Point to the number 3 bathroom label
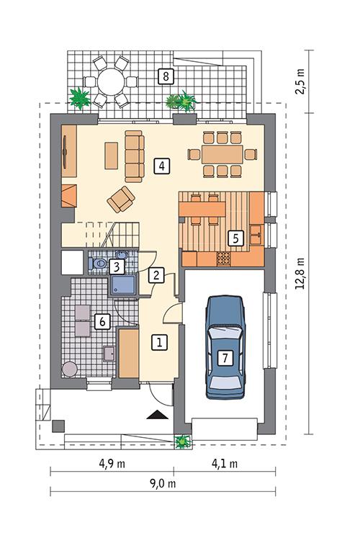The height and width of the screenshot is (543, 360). click(117, 266)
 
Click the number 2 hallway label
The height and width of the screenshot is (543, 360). click(156, 274)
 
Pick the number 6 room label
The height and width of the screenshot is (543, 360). click(103, 322)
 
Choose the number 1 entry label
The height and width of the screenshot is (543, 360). click(160, 342)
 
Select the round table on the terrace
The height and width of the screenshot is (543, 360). click(111, 81)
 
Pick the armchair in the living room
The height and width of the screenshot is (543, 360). click(121, 199)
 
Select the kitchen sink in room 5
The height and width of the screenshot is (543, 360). click(256, 233)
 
